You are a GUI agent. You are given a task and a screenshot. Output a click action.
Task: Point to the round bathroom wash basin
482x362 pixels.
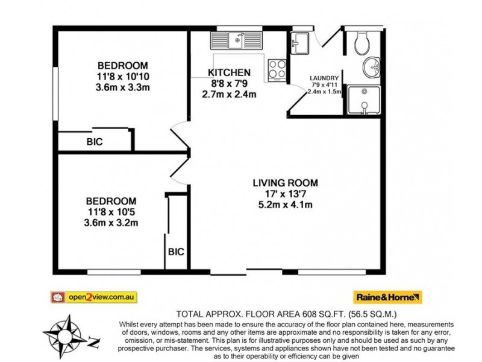coord(372,68)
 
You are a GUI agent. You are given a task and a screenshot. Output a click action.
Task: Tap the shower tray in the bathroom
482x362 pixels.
coord(366,100)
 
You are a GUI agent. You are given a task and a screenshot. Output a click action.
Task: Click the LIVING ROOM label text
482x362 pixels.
coord(285,183)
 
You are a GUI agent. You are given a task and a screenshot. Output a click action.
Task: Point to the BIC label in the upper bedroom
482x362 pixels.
coord(95,142)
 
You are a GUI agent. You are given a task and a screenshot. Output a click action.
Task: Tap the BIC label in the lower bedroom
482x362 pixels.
coord(176,252)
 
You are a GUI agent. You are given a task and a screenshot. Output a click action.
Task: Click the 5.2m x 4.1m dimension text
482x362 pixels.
coord(285,205)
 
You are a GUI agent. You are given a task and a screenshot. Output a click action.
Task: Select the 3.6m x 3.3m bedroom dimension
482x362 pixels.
coord(122,87)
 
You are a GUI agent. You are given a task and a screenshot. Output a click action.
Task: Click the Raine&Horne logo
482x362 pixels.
coord(387,297)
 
